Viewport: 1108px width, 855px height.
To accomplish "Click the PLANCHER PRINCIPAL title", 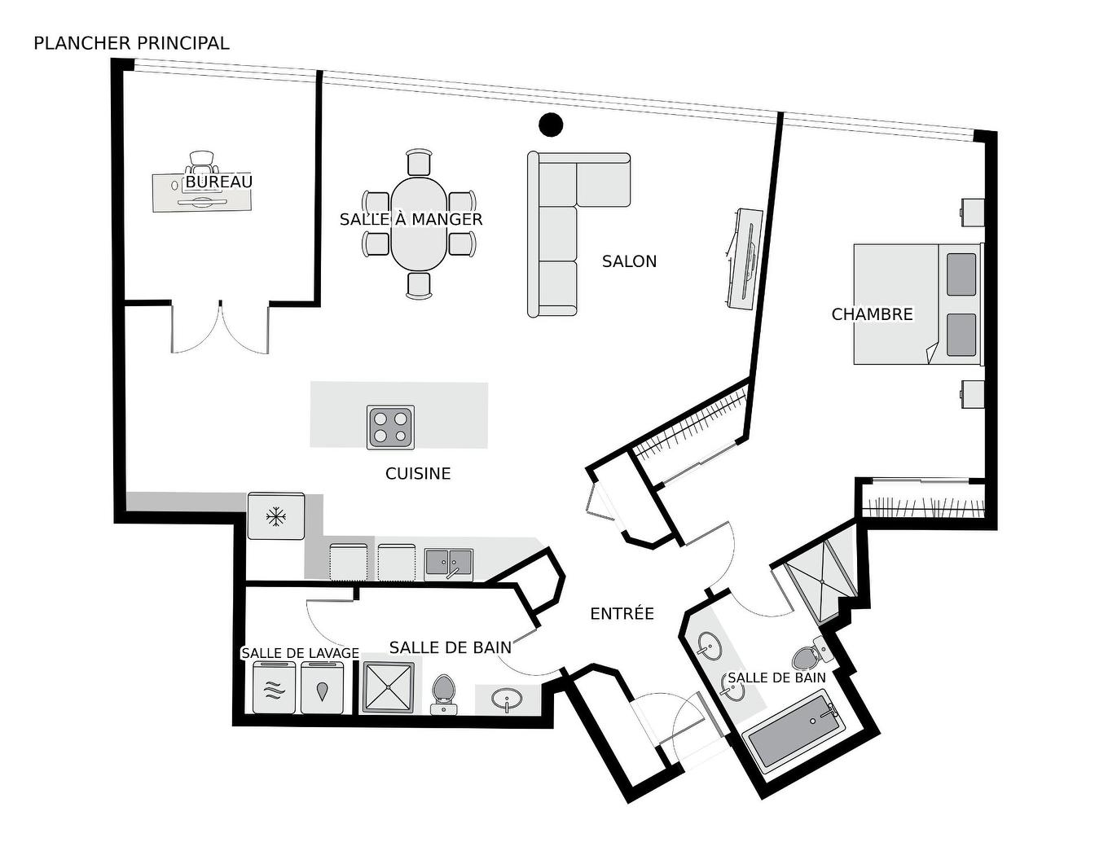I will (x=131, y=43).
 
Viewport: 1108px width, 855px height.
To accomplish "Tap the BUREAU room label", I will (x=218, y=182).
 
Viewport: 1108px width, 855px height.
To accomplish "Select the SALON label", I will (x=629, y=261).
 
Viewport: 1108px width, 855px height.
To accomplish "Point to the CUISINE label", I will (x=418, y=473).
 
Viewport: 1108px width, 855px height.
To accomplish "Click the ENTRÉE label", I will (x=622, y=614).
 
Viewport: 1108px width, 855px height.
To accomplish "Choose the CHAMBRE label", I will (x=872, y=314).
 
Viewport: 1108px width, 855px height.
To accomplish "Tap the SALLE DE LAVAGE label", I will (x=300, y=653).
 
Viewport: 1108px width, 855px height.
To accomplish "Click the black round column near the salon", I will (x=551, y=124).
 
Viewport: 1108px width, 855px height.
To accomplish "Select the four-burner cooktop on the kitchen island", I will (x=390, y=427).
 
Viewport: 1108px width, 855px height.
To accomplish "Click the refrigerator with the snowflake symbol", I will (x=276, y=515).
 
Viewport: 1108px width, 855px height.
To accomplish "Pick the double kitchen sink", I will (x=448, y=563).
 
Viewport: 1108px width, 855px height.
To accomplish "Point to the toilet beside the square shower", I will (x=442, y=692).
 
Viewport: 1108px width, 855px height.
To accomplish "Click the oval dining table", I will (x=418, y=225).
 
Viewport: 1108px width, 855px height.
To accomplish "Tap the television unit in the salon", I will (x=744, y=259).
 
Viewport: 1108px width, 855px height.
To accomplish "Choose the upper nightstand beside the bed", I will (x=972, y=211).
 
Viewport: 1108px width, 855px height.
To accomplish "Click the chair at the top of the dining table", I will (x=419, y=163).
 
